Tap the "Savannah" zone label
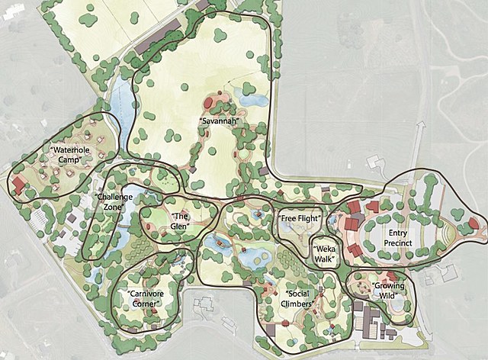pos(220,121)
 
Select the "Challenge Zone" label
pos(114,202)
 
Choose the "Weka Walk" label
pos(326,253)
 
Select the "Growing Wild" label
pos(388,291)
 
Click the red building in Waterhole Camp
pos(18,185)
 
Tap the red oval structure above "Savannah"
pos(210,103)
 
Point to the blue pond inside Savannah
pos(250,95)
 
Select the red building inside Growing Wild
pos(390,276)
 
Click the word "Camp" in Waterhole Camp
pos(71,159)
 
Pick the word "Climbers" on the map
pos(302,304)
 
